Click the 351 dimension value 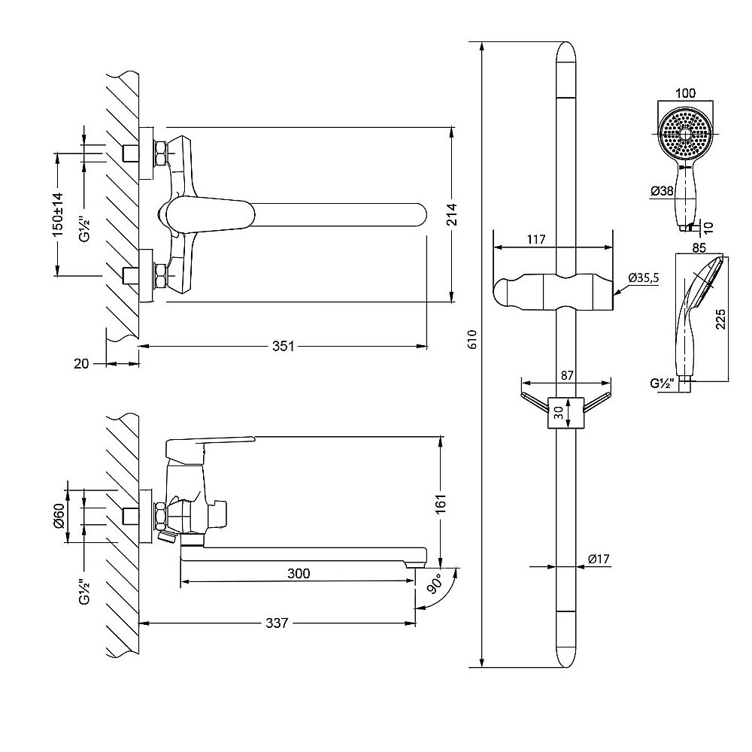tap(283, 346)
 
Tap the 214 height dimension tap(452, 214)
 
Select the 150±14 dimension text tap(58, 214)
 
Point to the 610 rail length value tap(473, 339)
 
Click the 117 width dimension tap(535, 239)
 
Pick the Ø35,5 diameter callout tap(644, 277)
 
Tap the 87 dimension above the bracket tap(567, 375)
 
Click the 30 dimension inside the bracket tap(559, 412)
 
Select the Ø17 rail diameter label tap(599, 559)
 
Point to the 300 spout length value tap(299, 573)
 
